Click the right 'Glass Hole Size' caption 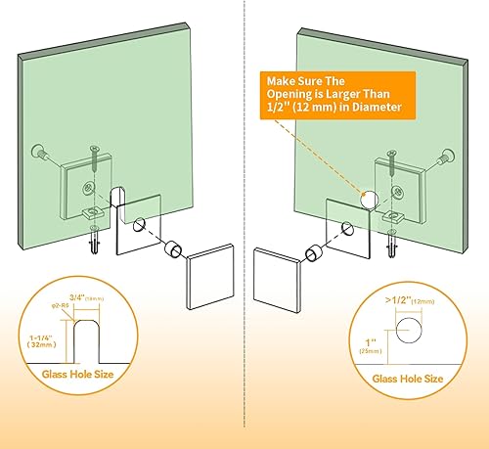[404, 378]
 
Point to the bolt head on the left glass [42, 153]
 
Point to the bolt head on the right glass [448, 154]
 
